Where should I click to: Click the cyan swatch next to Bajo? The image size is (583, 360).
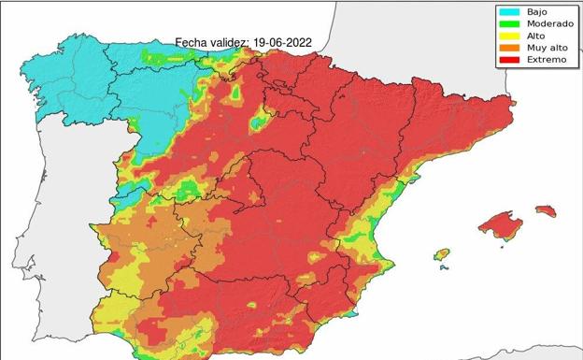click(x=510, y=11)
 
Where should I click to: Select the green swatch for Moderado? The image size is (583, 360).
click(x=510, y=23)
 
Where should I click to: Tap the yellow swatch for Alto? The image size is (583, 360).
click(x=510, y=36)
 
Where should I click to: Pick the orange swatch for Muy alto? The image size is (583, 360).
click(x=510, y=48)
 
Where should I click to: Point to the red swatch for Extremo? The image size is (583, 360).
click(x=510, y=60)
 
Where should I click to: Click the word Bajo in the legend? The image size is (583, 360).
click(x=537, y=11)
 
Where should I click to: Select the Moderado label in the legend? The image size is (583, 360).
click(x=546, y=23)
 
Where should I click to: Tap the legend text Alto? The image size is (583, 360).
click(x=535, y=36)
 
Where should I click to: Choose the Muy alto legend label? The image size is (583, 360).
click(x=545, y=48)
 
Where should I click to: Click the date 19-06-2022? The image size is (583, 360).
click(x=282, y=42)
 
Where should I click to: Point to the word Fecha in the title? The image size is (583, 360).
click(x=192, y=42)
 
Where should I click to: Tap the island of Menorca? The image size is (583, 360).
click(x=545, y=210)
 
